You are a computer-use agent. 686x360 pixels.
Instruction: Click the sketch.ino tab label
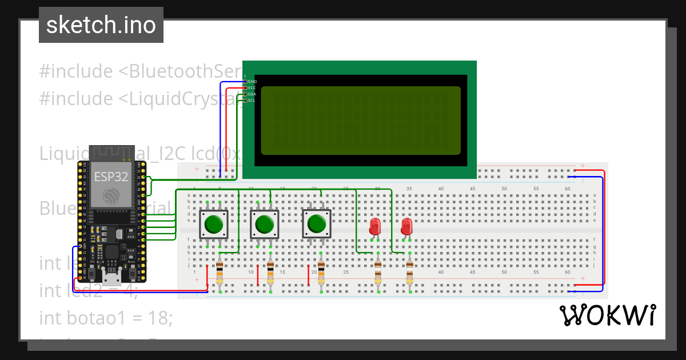[x=101, y=25]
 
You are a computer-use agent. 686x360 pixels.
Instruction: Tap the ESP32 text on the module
[x=111, y=177]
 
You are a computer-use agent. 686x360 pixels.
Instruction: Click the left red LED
[x=375, y=226]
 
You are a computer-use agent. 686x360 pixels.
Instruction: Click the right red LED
[x=406, y=226]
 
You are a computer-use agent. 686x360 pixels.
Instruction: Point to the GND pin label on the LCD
[x=252, y=82]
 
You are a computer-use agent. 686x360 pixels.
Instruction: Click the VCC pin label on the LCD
[x=252, y=88]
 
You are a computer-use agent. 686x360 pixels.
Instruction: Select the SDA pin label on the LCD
[x=252, y=94]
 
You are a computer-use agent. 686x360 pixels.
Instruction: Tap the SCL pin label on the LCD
[x=252, y=101]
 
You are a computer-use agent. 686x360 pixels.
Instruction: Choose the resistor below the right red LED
[x=409, y=273]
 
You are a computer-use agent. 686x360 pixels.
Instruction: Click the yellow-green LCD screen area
[x=360, y=121]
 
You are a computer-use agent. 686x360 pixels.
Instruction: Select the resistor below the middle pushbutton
[x=270, y=273]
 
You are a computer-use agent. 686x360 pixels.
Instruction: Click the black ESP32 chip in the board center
[x=112, y=251]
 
